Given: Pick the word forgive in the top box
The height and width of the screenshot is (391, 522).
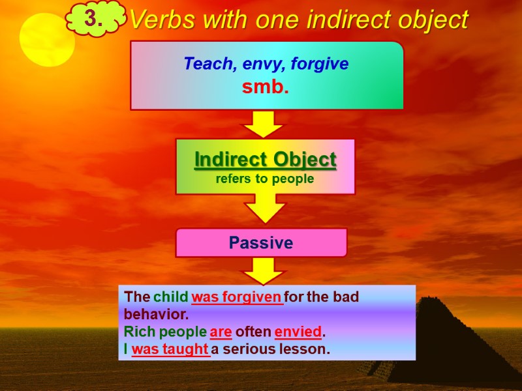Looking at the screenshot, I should (320, 65).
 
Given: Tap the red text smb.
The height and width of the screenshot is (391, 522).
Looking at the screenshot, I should (266, 87).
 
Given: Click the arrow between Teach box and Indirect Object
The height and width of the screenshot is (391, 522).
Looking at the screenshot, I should (263, 124).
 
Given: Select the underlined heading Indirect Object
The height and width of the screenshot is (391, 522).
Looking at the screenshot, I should (266, 159).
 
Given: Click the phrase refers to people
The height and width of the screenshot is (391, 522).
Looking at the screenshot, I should (265, 179).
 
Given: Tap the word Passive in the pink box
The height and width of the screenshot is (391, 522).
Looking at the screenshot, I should (261, 243).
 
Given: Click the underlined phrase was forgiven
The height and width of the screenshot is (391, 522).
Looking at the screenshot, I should (237, 297).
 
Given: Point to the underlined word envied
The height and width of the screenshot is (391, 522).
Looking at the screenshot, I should (298, 331).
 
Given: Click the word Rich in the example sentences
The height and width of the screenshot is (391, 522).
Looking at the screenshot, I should (140, 331).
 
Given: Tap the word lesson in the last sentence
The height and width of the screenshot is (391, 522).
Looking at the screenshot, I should (309, 349).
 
